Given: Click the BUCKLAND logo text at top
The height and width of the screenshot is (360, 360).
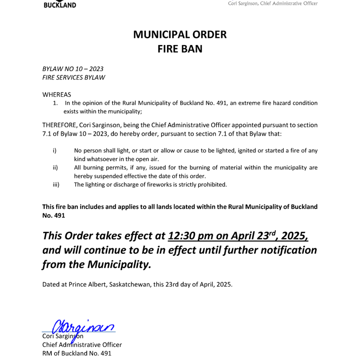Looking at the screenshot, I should coord(59,5).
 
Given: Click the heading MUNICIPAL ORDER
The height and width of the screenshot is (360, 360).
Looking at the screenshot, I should coord(180,34).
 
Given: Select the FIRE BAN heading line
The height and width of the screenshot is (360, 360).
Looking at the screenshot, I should coord(180,49).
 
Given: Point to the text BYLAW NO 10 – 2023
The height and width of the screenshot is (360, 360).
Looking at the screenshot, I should coord(73,69).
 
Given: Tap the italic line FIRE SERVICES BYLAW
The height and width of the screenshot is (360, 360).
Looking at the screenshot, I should coord(74,77).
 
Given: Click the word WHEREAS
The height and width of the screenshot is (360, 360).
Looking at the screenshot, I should coord(57,94).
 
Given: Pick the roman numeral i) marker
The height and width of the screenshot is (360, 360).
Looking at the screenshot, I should coord(54,150).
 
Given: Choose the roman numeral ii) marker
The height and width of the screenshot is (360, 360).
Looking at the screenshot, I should coord(55,167).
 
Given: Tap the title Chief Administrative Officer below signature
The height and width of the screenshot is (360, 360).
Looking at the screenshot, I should coord(82,345).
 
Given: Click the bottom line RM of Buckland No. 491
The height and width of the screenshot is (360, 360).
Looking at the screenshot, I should coord(76,353).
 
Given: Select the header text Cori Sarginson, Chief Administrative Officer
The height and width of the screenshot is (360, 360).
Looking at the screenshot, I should coord(273,4).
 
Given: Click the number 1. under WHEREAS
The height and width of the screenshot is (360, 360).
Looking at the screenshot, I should coord(56,103).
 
